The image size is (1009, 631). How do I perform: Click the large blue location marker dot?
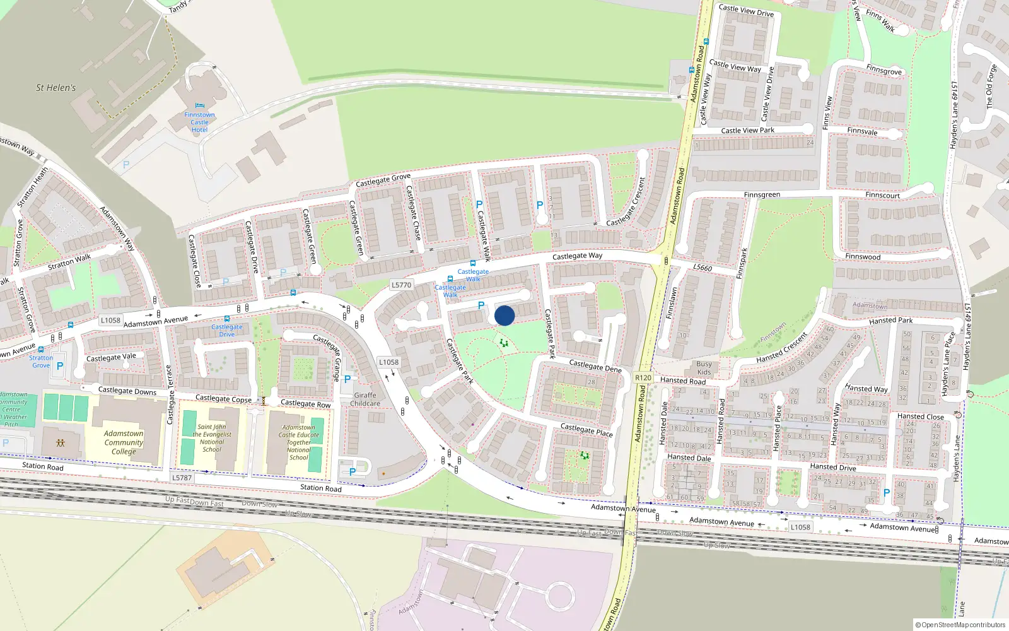coord(504,315)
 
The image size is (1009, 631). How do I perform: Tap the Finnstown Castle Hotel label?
coord(199,122)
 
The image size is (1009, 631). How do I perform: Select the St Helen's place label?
coord(55,88)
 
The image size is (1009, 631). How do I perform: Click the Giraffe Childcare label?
coord(365,399)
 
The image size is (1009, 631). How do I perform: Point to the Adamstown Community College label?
coord(124,442)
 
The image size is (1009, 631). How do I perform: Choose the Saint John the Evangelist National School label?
coord(212,438)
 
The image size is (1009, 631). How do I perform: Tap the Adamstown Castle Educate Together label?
coord(299,442)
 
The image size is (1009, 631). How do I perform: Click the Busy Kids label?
coord(704,368)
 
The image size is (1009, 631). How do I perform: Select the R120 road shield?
coord(643,378)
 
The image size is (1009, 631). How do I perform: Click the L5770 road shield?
coord(401,285)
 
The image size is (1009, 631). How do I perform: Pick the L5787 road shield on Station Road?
coord(182,478)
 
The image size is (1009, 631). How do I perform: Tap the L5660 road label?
coord(703,268)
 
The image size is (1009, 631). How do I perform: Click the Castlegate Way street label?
coord(577,256)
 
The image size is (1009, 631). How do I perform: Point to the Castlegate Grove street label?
coord(383,180)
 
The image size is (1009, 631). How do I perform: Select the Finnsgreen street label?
coord(762,195)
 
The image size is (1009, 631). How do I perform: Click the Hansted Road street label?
coord(683,381)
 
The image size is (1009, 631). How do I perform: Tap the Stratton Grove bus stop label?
coord(41,362)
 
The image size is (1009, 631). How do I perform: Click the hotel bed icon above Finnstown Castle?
coord(200,106)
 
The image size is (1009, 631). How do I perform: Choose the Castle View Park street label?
coord(747,131)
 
